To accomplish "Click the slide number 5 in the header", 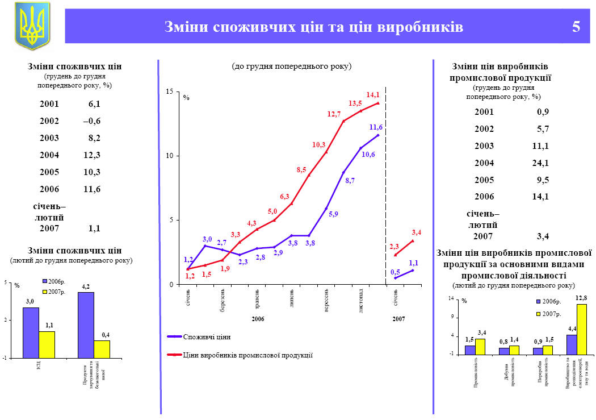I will click(576, 27).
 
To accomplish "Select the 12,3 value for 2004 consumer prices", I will click(91, 155).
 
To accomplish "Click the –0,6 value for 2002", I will click(91, 121).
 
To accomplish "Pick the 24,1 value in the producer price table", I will click(539, 163).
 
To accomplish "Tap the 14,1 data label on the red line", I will click(373, 94).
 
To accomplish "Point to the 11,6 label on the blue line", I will click(376, 127).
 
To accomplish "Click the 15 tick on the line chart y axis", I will click(169, 92).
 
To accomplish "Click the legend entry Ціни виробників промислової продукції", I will click(247, 355).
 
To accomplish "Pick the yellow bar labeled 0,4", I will click(102, 349).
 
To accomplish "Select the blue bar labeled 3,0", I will click(31, 332).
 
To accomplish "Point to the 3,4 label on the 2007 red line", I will click(416, 232).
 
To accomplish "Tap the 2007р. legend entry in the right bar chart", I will click(551, 314).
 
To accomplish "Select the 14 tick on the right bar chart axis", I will click(452, 298).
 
